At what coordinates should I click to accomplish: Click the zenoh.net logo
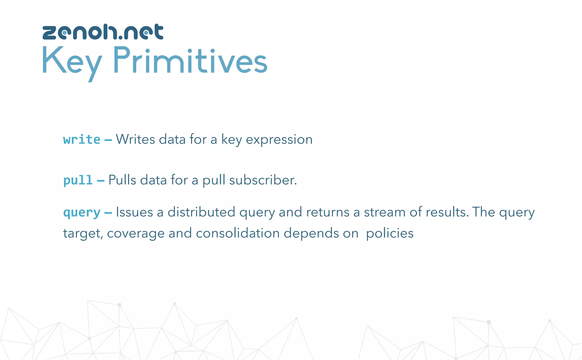(103, 32)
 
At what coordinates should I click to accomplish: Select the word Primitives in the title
(190, 60)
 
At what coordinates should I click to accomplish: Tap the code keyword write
(82, 140)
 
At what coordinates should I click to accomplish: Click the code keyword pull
(78, 180)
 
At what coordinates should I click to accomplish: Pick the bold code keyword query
(82, 213)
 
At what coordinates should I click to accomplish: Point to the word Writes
(135, 139)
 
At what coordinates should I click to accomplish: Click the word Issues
(134, 212)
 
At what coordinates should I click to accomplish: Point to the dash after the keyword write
(108, 140)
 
